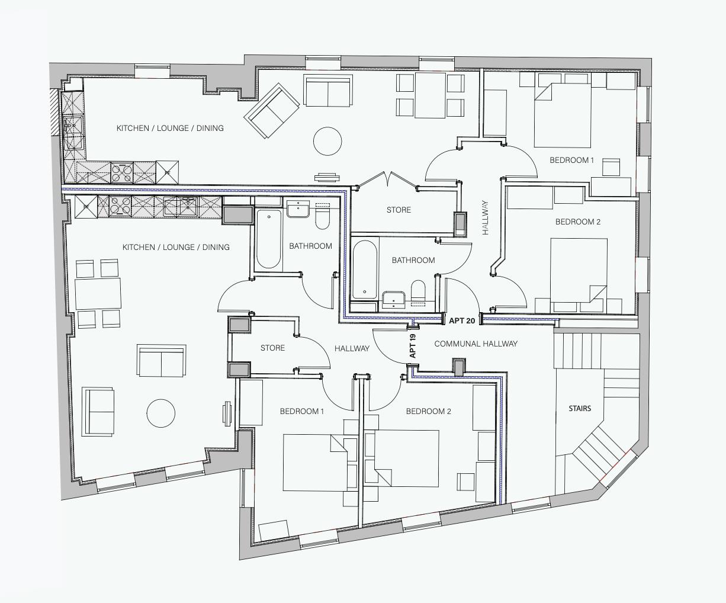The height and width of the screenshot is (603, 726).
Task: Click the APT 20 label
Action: [x=462, y=320]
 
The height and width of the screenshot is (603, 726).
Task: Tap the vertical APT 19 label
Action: [x=413, y=345]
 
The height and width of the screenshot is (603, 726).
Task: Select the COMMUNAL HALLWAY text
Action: [x=476, y=344]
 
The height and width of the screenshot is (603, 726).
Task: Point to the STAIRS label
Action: [x=579, y=408]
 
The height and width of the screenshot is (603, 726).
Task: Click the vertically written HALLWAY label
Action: [x=485, y=218]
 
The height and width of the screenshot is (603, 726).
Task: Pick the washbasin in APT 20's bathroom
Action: [x=393, y=299]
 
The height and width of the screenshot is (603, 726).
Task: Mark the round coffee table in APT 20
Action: [x=327, y=142]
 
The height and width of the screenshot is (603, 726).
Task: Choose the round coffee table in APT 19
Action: [x=161, y=413]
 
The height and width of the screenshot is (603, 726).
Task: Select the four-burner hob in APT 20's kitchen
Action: [x=122, y=172]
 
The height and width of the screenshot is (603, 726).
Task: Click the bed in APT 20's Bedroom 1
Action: [x=563, y=116]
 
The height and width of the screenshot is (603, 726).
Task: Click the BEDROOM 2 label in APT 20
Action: [x=577, y=222]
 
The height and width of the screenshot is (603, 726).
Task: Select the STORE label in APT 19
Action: [x=272, y=348]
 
